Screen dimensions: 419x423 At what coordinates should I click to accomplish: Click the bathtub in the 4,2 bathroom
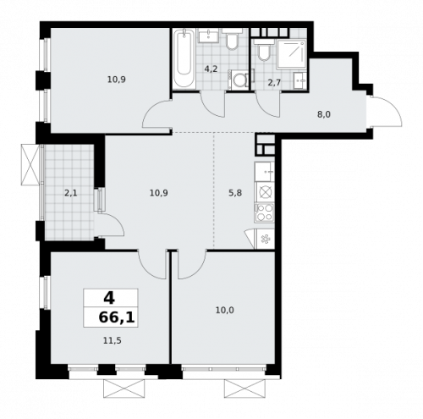pyautogui.click(x=184, y=59)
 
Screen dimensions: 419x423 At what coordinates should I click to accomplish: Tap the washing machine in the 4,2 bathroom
pyautogui.click(x=239, y=80)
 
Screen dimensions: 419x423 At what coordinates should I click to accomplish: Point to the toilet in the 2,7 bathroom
pyautogui.click(x=265, y=53)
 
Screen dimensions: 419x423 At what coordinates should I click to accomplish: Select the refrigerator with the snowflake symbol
pyautogui.click(x=264, y=239)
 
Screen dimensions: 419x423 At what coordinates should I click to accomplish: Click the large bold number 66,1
pyautogui.click(x=112, y=317)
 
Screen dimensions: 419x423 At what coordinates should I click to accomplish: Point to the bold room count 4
pyautogui.click(x=108, y=298)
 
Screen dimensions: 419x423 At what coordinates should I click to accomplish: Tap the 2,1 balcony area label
pyautogui.click(x=71, y=193)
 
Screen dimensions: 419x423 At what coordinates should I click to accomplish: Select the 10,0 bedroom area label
pyautogui.click(x=224, y=310)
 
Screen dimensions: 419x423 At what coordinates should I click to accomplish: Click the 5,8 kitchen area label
pyautogui.click(x=235, y=193)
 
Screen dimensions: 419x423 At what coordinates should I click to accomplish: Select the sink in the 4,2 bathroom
pyautogui.click(x=208, y=36)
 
